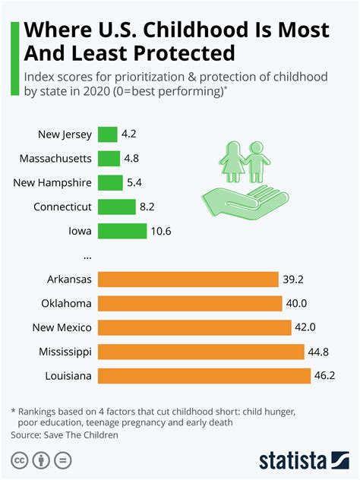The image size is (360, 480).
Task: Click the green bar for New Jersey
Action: click(108, 135)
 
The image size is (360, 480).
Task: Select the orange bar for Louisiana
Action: click(204, 376)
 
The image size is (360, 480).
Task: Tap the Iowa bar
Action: click(122, 231)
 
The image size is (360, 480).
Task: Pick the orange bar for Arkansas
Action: click(188, 279)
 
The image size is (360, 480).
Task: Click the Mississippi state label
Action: click(65, 352)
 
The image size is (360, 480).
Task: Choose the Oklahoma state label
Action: click(67, 304)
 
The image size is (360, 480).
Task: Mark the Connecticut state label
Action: click(62, 207)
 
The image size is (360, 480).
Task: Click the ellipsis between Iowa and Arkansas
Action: click(87, 255)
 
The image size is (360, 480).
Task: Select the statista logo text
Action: click(292, 461)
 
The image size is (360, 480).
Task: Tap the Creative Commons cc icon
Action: click(19, 461)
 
